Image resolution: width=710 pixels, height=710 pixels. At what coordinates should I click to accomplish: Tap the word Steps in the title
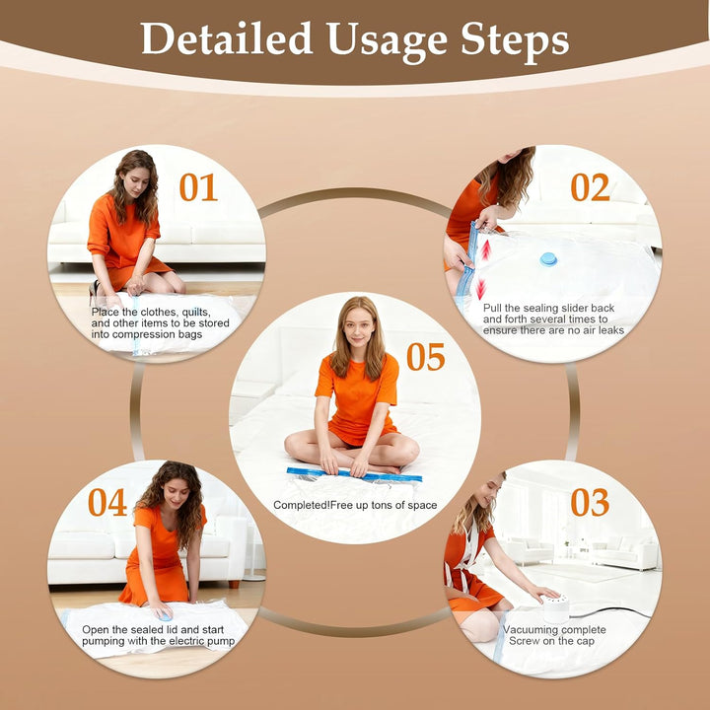click(515, 39)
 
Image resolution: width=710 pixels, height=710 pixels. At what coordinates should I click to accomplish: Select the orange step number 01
click(198, 187)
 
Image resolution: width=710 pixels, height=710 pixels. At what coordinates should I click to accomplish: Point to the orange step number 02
click(590, 187)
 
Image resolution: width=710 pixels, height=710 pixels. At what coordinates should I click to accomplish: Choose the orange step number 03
click(590, 502)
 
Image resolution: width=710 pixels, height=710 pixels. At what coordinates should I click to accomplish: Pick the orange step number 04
click(107, 502)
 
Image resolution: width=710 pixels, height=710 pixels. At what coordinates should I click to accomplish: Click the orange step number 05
click(426, 357)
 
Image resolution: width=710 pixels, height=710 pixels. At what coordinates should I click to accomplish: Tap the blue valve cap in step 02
click(548, 259)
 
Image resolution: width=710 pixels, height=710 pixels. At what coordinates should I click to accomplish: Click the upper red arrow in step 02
click(486, 249)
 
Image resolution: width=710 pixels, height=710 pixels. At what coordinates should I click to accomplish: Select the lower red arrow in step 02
click(481, 289)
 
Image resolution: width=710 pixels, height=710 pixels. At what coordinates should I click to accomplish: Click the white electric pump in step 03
click(555, 608)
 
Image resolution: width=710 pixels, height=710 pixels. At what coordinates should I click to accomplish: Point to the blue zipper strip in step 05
click(354, 474)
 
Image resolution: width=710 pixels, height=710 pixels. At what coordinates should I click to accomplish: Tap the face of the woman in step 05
click(358, 325)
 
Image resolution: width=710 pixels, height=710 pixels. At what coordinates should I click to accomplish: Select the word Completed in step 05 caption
click(301, 505)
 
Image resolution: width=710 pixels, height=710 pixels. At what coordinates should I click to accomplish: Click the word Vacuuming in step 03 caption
click(530, 629)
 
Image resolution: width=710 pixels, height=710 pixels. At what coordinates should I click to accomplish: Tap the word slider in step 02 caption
click(574, 308)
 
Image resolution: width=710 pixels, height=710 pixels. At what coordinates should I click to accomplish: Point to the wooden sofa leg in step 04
click(234, 584)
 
